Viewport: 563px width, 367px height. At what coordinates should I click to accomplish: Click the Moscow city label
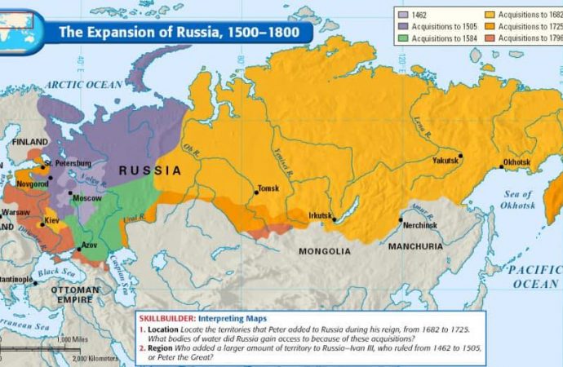tap(86, 198)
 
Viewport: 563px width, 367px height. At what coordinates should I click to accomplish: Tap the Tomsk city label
tap(268, 188)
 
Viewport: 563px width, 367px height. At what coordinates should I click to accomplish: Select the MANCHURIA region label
tap(415, 246)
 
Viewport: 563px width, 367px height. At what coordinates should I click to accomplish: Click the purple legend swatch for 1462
tap(402, 15)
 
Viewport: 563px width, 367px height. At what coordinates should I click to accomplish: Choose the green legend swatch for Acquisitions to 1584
tap(402, 38)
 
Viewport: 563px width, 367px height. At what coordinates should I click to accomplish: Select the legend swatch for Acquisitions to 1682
tap(490, 15)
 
